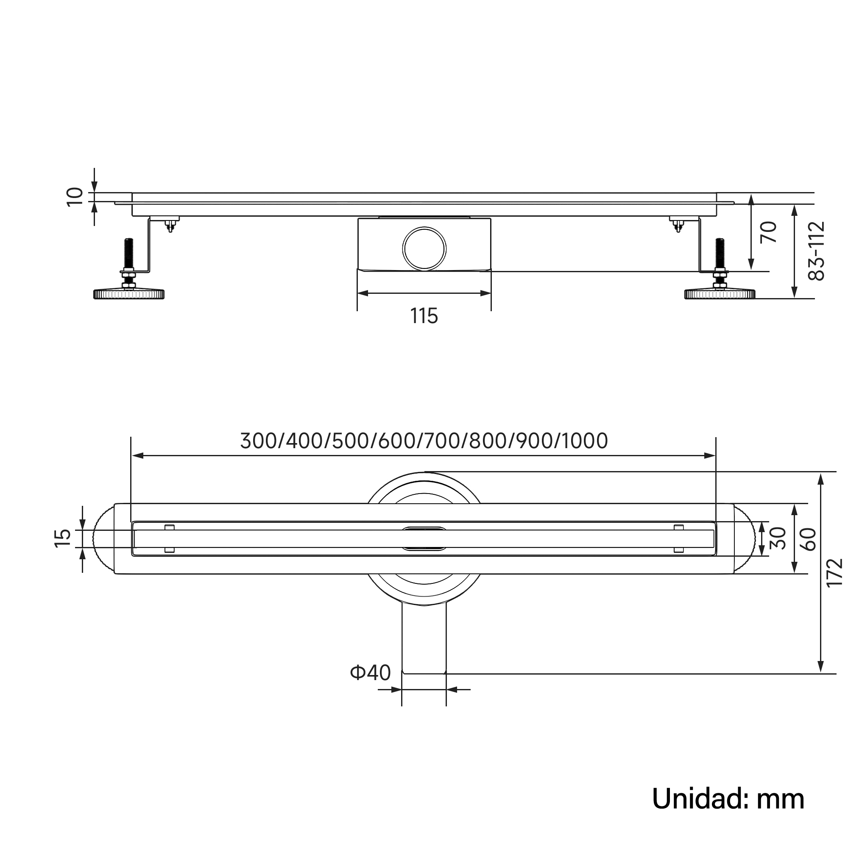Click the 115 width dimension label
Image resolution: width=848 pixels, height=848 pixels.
click(x=424, y=316)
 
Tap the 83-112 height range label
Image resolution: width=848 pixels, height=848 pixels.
click(x=816, y=251)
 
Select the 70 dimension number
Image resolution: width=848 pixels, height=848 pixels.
click(x=769, y=232)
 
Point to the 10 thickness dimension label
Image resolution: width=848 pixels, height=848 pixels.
click(x=75, y=196)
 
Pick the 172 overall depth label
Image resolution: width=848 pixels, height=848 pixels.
click(x=834, y=572)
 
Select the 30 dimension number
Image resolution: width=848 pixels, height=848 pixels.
click(x=777, y=538)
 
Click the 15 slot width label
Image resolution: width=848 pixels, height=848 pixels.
click(x=63, y=538)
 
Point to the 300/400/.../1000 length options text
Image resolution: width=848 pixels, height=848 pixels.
click(x=424, y=441)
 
